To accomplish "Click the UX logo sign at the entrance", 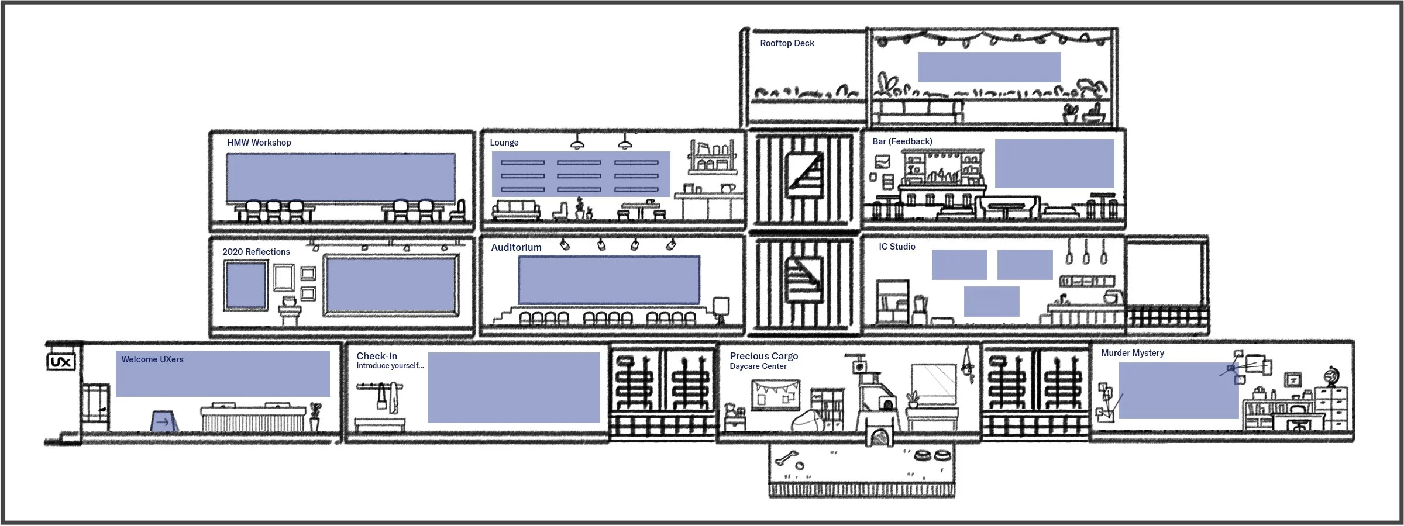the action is (61, 362).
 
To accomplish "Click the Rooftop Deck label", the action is (787, 43).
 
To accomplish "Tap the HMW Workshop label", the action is (259, 143).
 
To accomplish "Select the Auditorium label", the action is (516, 248).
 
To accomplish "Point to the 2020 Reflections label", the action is (256, 252).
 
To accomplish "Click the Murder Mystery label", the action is (1132, 353).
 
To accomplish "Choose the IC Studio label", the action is (896, 247).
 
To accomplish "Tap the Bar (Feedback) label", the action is (902, 141).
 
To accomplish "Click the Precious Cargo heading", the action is (763, 356).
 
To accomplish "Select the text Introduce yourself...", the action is (390, 366).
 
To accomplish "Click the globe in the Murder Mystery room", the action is (1332, 376).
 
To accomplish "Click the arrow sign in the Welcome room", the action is (163, 421).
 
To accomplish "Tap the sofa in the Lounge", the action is (516, 209).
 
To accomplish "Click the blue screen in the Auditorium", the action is (608, 280).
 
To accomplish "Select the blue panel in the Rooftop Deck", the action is (989, 67).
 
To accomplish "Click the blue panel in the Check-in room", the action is (514, 387).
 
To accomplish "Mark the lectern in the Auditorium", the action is (721, 309).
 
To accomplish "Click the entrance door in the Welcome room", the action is (95, 407).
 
